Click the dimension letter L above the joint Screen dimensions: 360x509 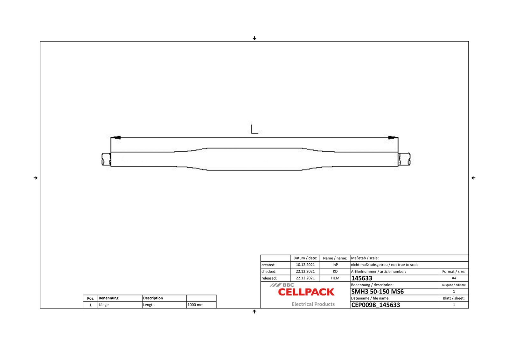(x=254, y=129)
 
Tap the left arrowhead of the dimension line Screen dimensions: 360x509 (x=117, y=137)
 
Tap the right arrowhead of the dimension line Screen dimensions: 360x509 (x=392, y=137)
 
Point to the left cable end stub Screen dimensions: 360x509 (x=106, y=159)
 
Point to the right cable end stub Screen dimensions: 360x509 (x=404, y=159)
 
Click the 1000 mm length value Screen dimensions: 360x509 (x=195, y=305)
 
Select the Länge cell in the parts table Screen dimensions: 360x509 (x=104, y=305)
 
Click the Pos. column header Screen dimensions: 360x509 (x=91, y=298)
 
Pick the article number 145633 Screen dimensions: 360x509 (x=362, y=278)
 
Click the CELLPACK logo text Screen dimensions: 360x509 (x=306, y=292)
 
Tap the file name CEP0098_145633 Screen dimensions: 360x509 (x=375, y=305)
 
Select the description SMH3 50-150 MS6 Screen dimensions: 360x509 (x=377, y=292)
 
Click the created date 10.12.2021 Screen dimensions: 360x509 (x=305, y=265)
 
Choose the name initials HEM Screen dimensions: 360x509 (x=335, y=278)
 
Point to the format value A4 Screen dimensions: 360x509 (x=454, y=278)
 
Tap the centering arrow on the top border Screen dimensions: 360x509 (x=254, y=38)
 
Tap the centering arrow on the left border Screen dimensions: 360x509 (x=36, y=178)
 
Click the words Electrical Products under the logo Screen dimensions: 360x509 (x=313, y=304)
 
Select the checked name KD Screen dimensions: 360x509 (x=335, y=271)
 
